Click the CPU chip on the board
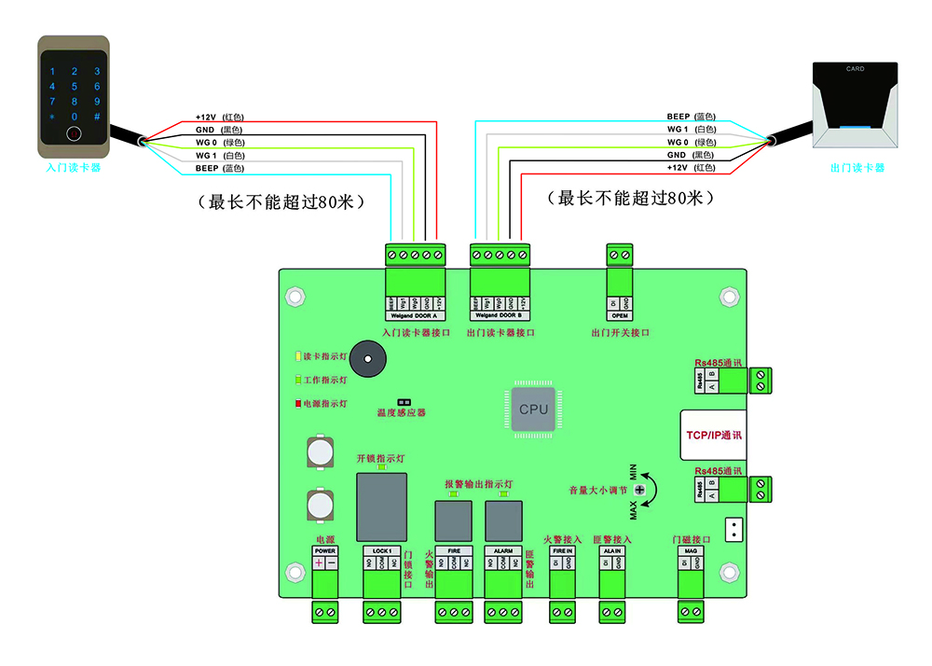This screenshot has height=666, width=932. click(533, 409)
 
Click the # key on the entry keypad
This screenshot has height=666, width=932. click(97, 117)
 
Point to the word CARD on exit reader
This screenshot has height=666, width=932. click(855, 69)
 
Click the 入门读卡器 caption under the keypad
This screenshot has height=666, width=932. click(74, 169)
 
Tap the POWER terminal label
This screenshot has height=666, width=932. click(325, 551)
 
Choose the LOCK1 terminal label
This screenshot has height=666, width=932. click(382, 551)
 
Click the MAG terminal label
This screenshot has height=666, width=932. click(691, 551)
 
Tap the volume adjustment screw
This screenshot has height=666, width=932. click(640, 490)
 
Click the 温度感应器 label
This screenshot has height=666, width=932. click(401, 411)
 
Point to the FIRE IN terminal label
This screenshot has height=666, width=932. click(562, 551)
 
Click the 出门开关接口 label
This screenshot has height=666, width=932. click(620, 333)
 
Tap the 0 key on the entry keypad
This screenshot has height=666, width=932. click(74, 117)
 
